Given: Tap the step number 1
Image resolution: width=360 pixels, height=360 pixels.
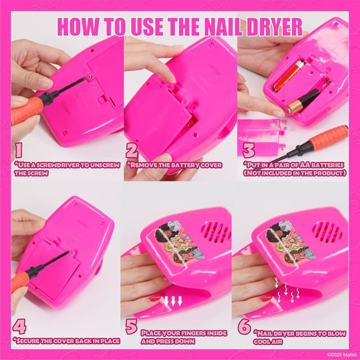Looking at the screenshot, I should tap(19, 151).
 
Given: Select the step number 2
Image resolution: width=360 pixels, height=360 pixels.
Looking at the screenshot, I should tap(132, 151).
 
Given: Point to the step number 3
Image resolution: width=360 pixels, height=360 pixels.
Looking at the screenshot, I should tap(249, 151).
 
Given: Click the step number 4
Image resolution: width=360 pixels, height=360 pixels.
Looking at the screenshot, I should tap(19, 327).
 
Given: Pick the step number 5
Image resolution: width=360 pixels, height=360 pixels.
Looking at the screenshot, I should tap(132, 327).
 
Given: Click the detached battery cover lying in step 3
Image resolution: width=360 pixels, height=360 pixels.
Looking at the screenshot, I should tap(259, 136).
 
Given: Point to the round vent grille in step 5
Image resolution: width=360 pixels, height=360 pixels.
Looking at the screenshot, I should tap(215, 232).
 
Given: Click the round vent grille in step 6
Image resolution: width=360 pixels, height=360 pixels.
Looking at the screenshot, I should tap(327, 232).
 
